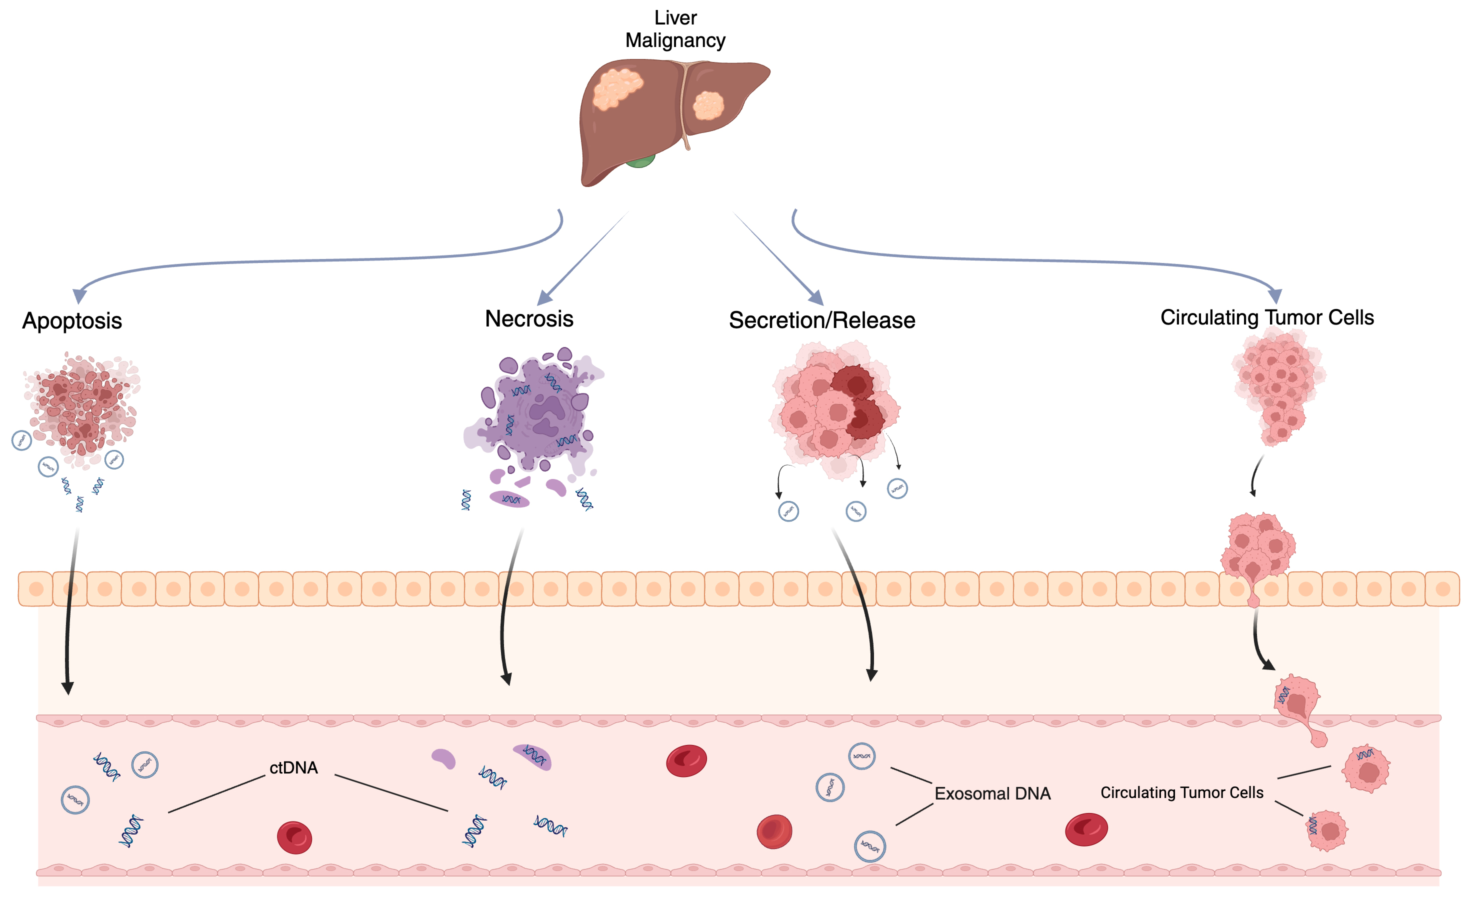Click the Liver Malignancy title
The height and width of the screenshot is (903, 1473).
tap(675, 28)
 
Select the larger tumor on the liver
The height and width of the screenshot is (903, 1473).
tap(617, 88)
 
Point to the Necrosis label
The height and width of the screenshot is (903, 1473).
tap(529, 318)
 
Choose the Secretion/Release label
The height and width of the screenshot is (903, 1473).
tap(822, 320)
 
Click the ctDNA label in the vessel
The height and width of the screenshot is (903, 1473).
tap(293, 768)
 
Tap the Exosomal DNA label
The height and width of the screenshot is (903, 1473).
tap(992, 793)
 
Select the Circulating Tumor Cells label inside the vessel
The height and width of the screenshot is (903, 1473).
tap(1182, 792)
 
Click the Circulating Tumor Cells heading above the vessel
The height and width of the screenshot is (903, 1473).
tap(1267, 317)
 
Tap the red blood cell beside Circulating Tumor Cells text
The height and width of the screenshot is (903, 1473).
tap(1086, 829)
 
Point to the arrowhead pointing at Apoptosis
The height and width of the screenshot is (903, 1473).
tap(79, 296)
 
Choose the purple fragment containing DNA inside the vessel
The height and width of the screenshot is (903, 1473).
tap(532, 757)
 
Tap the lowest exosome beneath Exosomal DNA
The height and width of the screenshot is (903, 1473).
tap(870, 846)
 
